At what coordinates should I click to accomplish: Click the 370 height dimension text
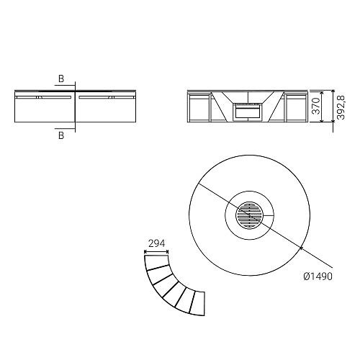click(316, 106)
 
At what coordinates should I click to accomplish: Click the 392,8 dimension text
click(341, 107)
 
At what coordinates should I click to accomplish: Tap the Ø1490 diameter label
click(318, 276)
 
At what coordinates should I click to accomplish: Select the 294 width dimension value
click(156, 243)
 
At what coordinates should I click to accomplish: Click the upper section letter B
click(61, 78)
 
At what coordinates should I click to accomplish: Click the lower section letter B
click(61, 135)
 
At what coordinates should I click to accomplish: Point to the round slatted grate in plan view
click(250, 215)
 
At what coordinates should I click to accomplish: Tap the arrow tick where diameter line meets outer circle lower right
click(300, 247)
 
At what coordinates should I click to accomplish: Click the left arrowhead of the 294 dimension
click(145, 252)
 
